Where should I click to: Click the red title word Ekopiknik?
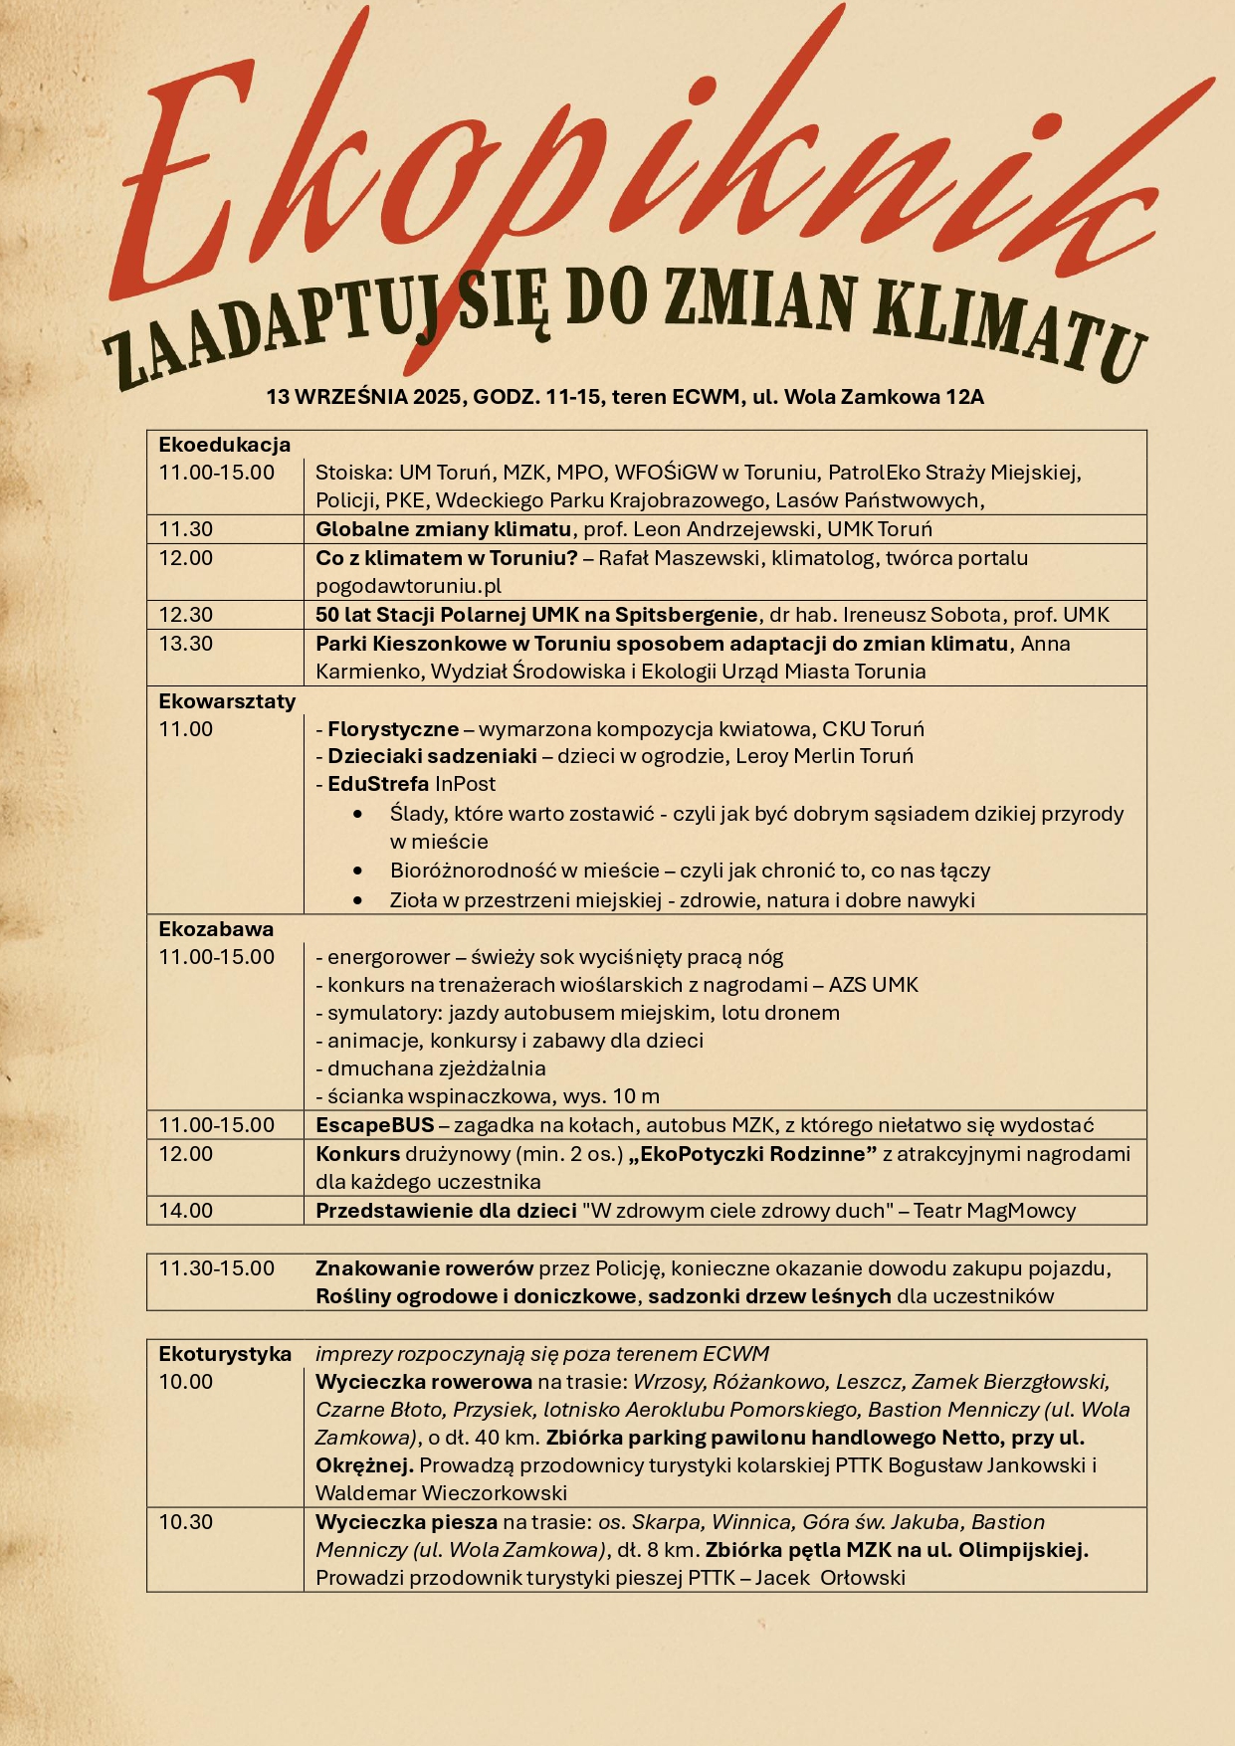[x=637, y=179]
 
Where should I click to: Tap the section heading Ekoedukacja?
[x=225, y=445]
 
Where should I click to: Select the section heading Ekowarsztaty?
[x=227, y=701]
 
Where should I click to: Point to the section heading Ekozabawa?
[x=216, y=929]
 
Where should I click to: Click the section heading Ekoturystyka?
[x=225, y=1354]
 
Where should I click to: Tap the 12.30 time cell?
[x=186, y=615]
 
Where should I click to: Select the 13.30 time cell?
[x=186, y=644]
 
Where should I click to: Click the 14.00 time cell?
[x=186, y=1211]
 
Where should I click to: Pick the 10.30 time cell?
[x=186, y=1522]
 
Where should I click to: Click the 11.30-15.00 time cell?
[x=217, y=1268]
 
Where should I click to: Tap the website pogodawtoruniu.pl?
[x=409, y=586]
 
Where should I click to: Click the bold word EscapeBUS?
[x=375, y=1125]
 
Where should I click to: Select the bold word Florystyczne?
[x=393, y=729]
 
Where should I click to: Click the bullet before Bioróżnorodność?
[x=358, y=871]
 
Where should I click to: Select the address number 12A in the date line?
[x=964, y=397]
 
